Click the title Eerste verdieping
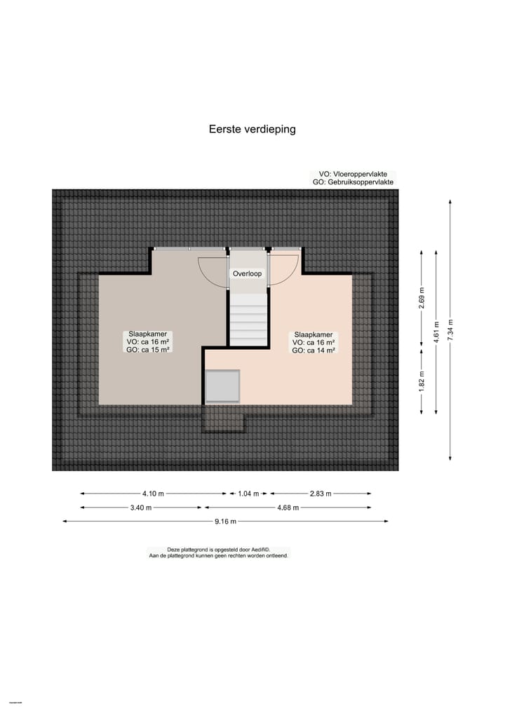[x=252, y=129]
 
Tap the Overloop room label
[x=247, y=273]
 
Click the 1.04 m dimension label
[x=248, y=494]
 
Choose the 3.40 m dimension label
[x=140, y=508]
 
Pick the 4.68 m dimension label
[x=288, y=508]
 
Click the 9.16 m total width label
[x=224, y=521]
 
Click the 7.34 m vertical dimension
[x=450, y=330]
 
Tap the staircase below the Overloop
[x=248, y=319]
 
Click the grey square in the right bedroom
[x=222, y=386]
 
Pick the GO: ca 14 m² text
[x=314, y=350]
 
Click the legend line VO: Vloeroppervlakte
[x=353, y=174]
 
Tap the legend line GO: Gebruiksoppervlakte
[x=353, y=182]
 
